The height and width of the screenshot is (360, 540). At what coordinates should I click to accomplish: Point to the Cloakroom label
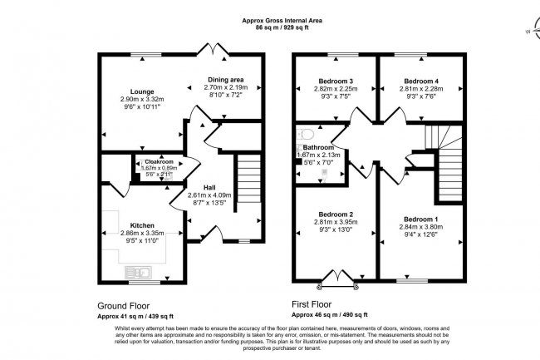(x=159, y=161)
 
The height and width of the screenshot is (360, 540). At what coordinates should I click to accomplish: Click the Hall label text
(x=209, y=186)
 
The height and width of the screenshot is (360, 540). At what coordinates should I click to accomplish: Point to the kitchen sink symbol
(x=136, y=271)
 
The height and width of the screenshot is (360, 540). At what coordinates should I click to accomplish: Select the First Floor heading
(x=313, y=303)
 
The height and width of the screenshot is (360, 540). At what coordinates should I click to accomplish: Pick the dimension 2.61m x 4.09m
(x=210, y=195)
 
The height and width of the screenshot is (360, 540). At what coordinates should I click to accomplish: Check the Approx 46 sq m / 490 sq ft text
(x=326, y=316)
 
